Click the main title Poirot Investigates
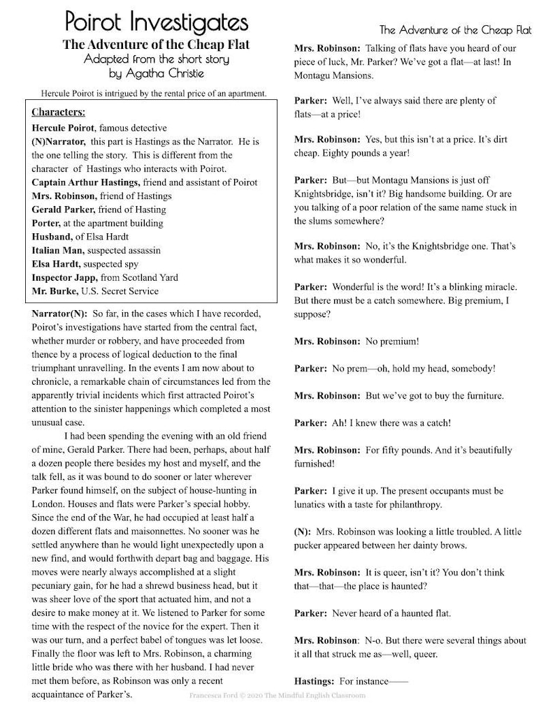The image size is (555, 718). tap(157, 22)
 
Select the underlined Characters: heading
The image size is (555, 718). tap(59, 112)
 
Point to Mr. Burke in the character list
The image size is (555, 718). tap(54, 291)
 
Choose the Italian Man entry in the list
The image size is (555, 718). tap(58, 250)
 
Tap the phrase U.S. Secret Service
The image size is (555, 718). tap(120, 291)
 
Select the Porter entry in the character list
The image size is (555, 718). tap(46, 223)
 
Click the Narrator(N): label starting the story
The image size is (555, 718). tap(59, 314)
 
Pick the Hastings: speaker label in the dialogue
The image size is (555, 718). tap(315, 680)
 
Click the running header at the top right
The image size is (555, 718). tap(455, 30)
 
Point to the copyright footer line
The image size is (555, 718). tap(277, 696)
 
